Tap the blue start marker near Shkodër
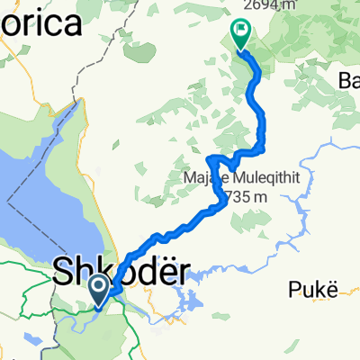click(99, 288)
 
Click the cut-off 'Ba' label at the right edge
click(348, 82)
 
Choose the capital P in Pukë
click(295, 290)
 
